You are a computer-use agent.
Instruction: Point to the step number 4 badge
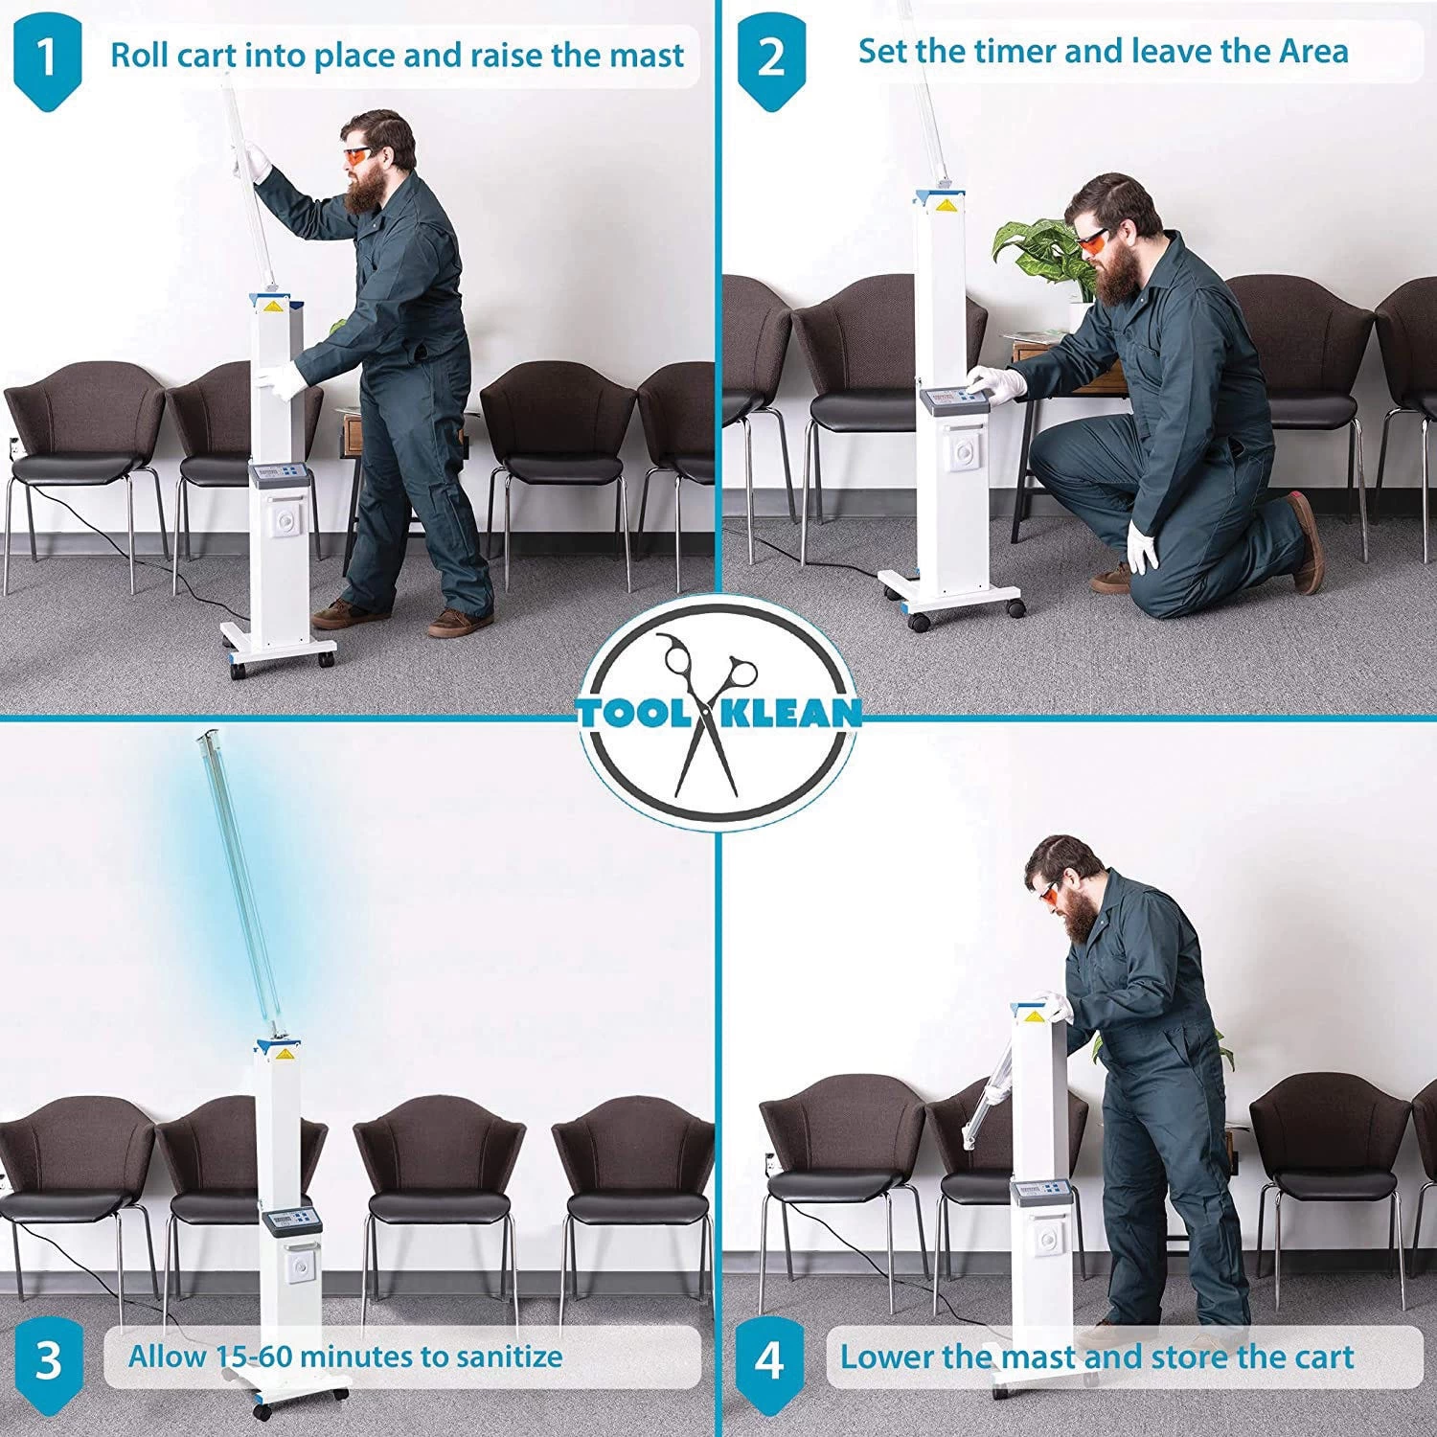[x=770, y=1359]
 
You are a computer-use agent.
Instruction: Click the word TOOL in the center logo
[x=639, y=713]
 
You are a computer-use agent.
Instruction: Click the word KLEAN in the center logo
[x=792, y=713]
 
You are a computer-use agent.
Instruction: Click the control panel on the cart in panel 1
[x=277, y=474]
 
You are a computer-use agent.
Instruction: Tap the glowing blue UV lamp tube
[x=239, y=882]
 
